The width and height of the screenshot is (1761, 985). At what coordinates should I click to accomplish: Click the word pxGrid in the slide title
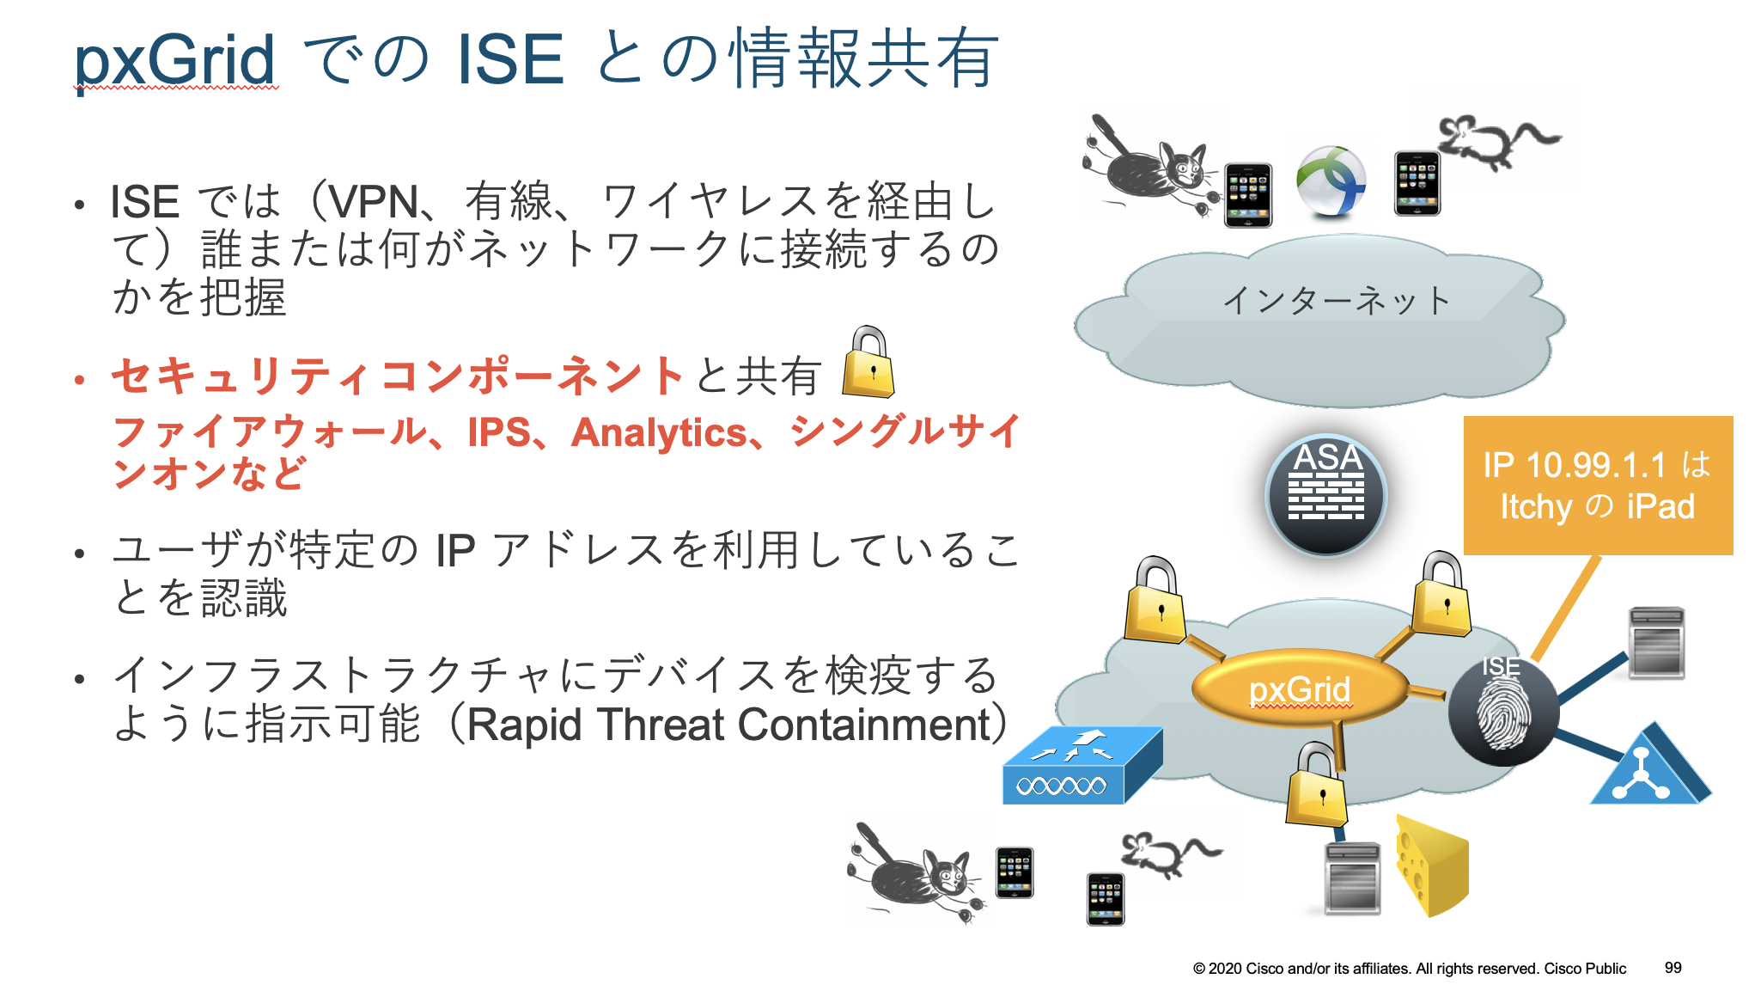174,60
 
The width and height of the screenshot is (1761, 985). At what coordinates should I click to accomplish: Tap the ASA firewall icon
1326,494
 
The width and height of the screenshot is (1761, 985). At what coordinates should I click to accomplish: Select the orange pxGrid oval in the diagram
1300,688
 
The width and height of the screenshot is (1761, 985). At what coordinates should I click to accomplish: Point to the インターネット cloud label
1336,300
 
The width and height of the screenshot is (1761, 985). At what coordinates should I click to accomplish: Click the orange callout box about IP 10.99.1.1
1598,486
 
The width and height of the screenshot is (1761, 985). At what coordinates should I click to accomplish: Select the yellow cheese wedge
1431,866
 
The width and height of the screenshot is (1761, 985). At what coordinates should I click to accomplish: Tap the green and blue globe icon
1331,181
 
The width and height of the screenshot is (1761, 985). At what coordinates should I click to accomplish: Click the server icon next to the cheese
1352,878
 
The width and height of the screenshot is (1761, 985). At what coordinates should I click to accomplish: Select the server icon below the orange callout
1656,642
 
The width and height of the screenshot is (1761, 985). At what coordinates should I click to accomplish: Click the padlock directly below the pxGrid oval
1316,786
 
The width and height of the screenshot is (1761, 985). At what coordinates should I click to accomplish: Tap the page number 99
1673,968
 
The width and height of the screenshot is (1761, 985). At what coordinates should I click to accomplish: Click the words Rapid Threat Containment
728,725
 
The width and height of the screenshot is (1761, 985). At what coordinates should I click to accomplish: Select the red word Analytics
659,432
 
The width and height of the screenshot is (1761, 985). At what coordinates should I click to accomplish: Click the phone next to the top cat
1247,195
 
